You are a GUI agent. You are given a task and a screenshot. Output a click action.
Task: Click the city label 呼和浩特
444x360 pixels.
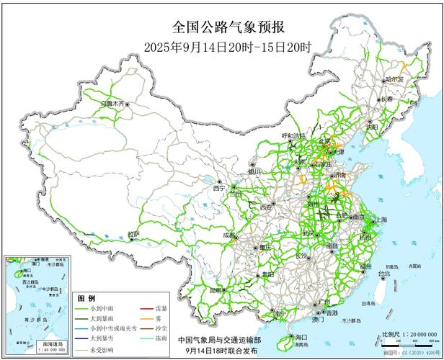pos(293,135)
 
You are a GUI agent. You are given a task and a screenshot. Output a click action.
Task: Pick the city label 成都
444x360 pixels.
pos(229,235)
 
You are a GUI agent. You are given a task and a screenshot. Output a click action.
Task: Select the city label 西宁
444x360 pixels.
pos(220,188)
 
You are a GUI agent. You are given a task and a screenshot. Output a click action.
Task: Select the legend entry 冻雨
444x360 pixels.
pos(161,337)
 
